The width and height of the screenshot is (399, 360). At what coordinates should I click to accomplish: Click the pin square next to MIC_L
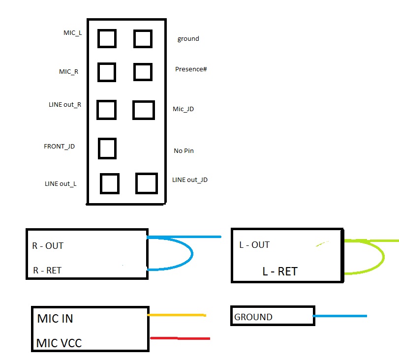(x=107, y=38)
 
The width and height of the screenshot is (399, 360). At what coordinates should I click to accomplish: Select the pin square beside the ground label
(x=143, y=38)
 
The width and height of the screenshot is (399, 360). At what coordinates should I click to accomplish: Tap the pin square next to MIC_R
(x=107, y=72)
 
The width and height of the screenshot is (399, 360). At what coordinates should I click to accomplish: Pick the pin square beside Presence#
(x=143, y=72)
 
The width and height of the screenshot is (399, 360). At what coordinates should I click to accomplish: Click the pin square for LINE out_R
(x=107, y=110)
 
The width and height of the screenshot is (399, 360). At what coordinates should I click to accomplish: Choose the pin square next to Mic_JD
(x=144, y=110)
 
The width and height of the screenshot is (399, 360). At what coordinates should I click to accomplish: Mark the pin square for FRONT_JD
(x=107, y=148)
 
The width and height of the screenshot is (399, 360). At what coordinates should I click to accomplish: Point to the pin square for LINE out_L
(x=110, y=183)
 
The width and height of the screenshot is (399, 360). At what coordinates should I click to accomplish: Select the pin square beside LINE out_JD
(x=147, y=183)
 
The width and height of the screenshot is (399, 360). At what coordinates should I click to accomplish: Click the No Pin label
(x=184, y=150)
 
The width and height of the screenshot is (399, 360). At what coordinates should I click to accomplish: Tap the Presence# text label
(x=191, y=69)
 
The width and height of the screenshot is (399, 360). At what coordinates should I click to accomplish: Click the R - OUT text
(x=48, y=245)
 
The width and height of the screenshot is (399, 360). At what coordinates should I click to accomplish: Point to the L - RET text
(x=280, y=271)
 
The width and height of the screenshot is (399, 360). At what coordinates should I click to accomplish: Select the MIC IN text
(x=55, y=319)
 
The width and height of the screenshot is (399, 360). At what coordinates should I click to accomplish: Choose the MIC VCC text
(x=59, y=343)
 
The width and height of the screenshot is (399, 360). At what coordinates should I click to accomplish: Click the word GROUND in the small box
(x=253, y=317)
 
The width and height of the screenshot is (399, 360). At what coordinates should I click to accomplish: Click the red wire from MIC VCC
(x=180, y=338)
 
